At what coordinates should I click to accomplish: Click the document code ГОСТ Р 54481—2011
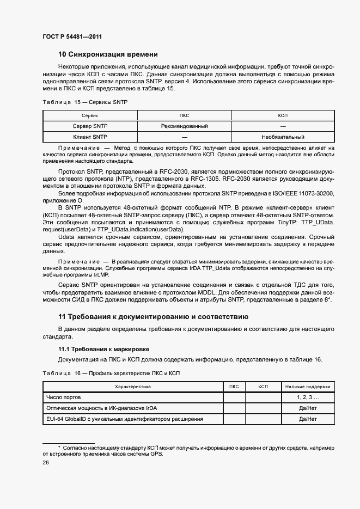(x=72, y=36)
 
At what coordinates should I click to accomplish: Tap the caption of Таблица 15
(x=84, y=102)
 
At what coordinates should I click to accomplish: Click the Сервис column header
(x=89, y=116)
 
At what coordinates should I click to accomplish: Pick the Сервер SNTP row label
(x=90, y=126)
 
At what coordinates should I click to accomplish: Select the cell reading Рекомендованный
(x=185, y=126)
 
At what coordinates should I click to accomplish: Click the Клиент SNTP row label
(x=90, y=137)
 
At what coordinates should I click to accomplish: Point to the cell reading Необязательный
(x=283, y=137)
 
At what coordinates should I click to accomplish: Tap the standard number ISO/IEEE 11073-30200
(x=303, y=193)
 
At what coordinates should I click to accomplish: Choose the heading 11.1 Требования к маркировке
(x=103, y=348)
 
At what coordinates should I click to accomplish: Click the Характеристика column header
(x=133, y=387)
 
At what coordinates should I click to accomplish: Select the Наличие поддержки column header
(x=308, y=387)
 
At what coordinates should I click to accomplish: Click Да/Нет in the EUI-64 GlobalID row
(x=308, y=419)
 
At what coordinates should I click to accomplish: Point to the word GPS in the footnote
(x=156, y=453)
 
